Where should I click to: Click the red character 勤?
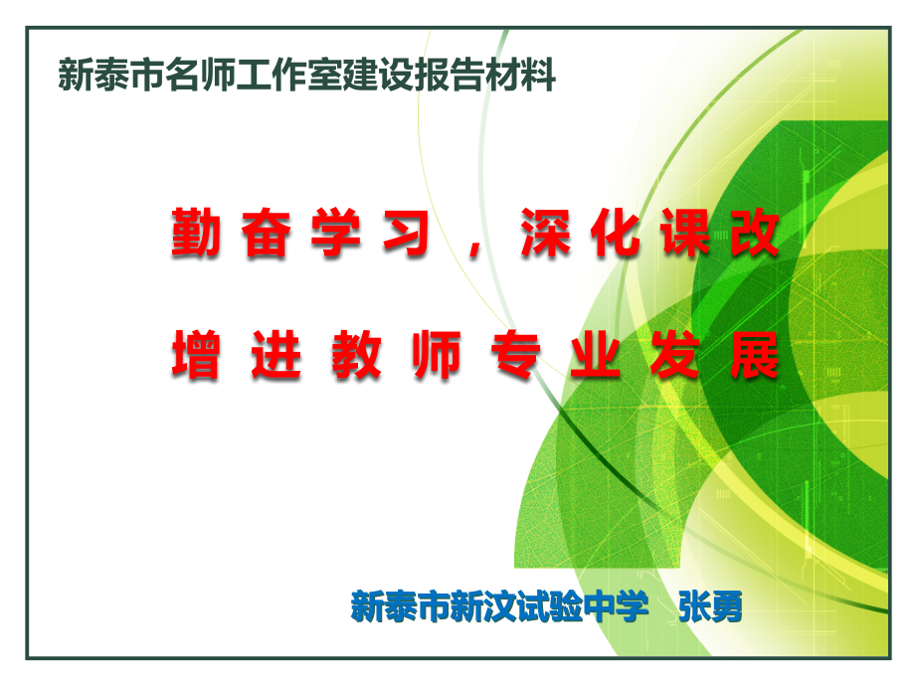point(196,235)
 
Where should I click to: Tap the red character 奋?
point(267,235)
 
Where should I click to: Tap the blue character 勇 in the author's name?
point(725,604)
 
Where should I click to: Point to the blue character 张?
point(693,604)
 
